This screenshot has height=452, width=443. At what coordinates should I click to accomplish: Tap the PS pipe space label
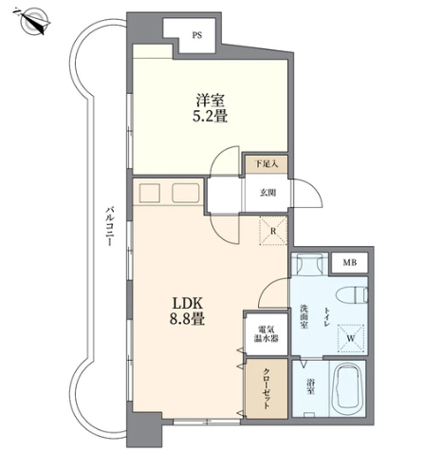197,35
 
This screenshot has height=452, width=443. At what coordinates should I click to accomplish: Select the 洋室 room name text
211,101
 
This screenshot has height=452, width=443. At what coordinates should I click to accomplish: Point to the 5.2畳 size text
211,116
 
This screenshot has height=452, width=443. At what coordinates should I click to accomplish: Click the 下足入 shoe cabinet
267,164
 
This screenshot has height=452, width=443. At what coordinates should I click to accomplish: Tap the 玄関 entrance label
268,193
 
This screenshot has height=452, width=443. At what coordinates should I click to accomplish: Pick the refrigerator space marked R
273,231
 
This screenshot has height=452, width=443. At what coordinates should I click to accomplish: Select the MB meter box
349,262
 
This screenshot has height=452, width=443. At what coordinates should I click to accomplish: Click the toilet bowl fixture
353,294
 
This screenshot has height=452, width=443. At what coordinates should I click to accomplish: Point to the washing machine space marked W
351,338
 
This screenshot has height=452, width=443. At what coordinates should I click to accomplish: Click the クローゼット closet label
267,388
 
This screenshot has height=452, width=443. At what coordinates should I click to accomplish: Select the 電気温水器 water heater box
267,333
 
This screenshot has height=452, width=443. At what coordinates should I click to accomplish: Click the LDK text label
187,304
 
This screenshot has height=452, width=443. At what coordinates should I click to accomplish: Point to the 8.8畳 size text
187,319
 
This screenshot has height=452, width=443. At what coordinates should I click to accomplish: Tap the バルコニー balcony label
110,226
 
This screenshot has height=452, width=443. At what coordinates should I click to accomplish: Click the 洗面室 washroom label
304,316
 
